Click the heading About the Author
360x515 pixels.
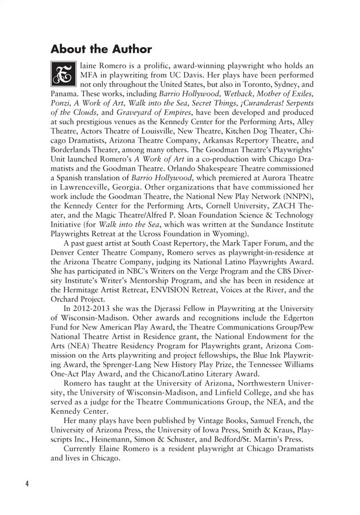point(101,49)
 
